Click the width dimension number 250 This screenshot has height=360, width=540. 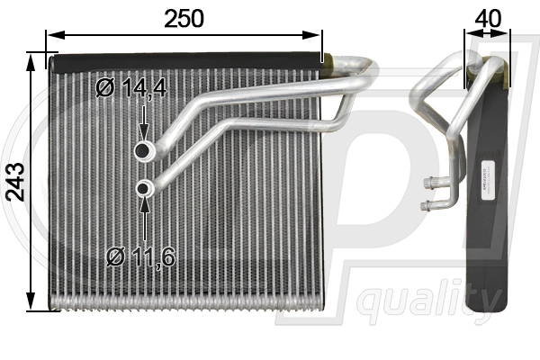(184, 17)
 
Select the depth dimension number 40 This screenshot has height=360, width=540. (487, 17)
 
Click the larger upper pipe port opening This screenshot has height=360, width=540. (143, 151)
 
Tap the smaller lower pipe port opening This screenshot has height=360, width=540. (144, 188)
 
